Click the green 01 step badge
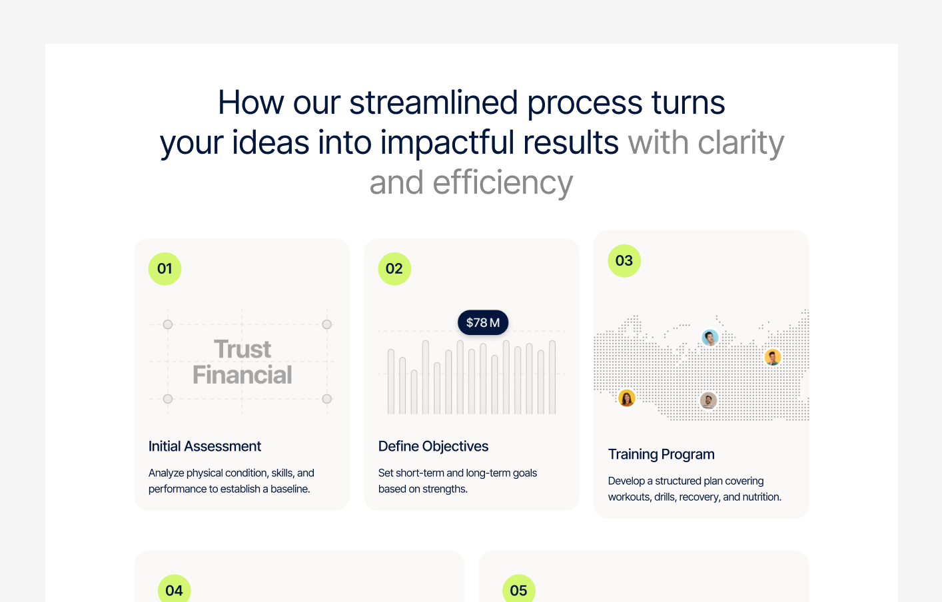(x=165, y=269)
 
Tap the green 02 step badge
(x=394, y=269)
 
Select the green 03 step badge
(x=624, y=261)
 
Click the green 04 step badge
(x=175, y=589)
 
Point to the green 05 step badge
(x=518, y=589)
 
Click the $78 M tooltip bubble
(x=483, y=323)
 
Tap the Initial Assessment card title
(x=205, y=446)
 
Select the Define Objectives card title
(x=433, y=446)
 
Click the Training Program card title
(x=661, y=454)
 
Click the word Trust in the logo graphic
(x=242, y=350)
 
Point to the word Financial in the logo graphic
(x=242, y=376)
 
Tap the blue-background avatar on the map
(x=710, y=338)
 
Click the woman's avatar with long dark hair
(x=627, y=398)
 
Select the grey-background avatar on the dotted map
(x=708, y=401)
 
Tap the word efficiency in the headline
(x=503, y=182)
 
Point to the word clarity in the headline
(x=741, y=143)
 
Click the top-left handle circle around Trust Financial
(x=168, y=324)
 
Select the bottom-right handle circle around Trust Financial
(x=327, y=399)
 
